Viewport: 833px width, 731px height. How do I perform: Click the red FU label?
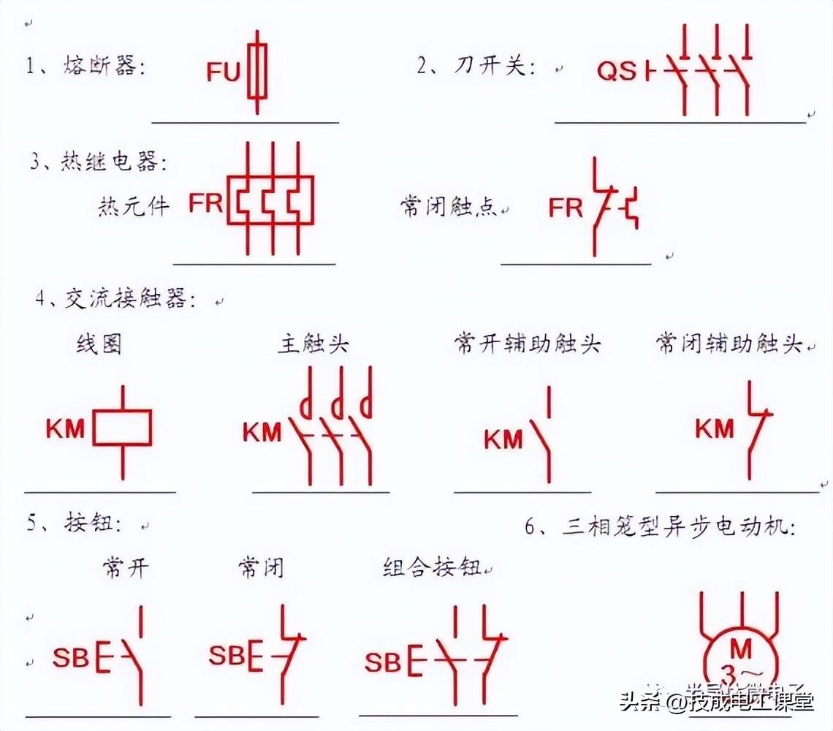(x=223, y=72)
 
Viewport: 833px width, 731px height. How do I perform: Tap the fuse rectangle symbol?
(x=256, y=70)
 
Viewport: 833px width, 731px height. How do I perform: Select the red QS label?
(x=617, y=72)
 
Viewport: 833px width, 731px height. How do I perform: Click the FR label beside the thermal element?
(x=205, y=202)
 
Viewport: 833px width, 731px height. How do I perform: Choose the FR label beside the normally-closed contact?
(x=566, y=208)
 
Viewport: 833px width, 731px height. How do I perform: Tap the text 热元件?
(x=133, y=205)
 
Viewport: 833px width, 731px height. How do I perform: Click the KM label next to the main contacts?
(x=262, y=432)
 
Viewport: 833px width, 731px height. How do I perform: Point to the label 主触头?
(x=313, y=345)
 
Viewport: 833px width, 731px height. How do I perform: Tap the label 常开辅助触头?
(x=527, y=344)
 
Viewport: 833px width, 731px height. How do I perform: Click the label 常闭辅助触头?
(x=729, y=344)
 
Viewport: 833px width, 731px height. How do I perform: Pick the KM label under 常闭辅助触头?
(x=714, y=428)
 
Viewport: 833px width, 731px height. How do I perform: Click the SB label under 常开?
(x=70, y=658)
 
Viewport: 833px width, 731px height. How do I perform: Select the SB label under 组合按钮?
(x=383, y=662)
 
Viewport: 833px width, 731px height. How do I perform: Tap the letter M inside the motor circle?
(x=741, y=649)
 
